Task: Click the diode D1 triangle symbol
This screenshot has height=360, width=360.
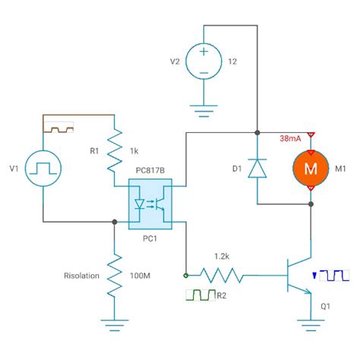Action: point(258,167)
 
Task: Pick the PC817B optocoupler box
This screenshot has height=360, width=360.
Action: point(150,204)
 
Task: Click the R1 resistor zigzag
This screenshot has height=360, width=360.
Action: point(114,150)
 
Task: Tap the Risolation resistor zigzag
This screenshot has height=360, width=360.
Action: point(114,275)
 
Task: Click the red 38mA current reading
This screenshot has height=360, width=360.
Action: point(289,139)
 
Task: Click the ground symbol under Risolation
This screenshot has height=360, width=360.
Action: point(114,328)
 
